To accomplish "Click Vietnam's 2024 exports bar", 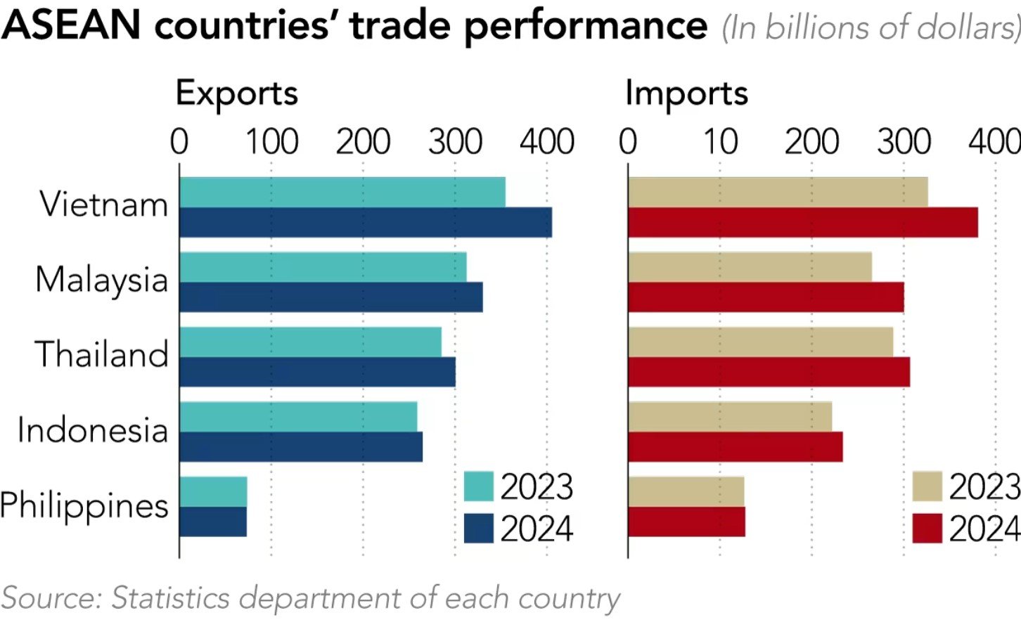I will [366, 223].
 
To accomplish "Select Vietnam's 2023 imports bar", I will [778, 192].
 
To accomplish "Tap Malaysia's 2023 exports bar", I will [323, 267].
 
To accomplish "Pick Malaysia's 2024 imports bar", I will [766, 297].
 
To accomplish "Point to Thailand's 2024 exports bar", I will [317, 372].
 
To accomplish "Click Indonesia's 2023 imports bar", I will [730, 417].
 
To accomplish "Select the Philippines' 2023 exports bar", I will [213, 491].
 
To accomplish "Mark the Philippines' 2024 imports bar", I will [686, 522].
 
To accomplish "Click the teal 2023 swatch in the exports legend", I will [479, 486].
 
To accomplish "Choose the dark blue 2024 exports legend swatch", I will [479, 529].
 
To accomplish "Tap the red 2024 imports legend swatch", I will [927, 529].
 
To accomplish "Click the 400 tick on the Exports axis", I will [547, 141].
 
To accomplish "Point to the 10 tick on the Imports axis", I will [720, 141].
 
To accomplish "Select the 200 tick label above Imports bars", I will [811, 141].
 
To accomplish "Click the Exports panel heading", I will [237, 93].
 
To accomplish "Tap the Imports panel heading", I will [686, 93].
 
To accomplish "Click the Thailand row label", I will [102, 354].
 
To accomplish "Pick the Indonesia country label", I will [93, 430].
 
